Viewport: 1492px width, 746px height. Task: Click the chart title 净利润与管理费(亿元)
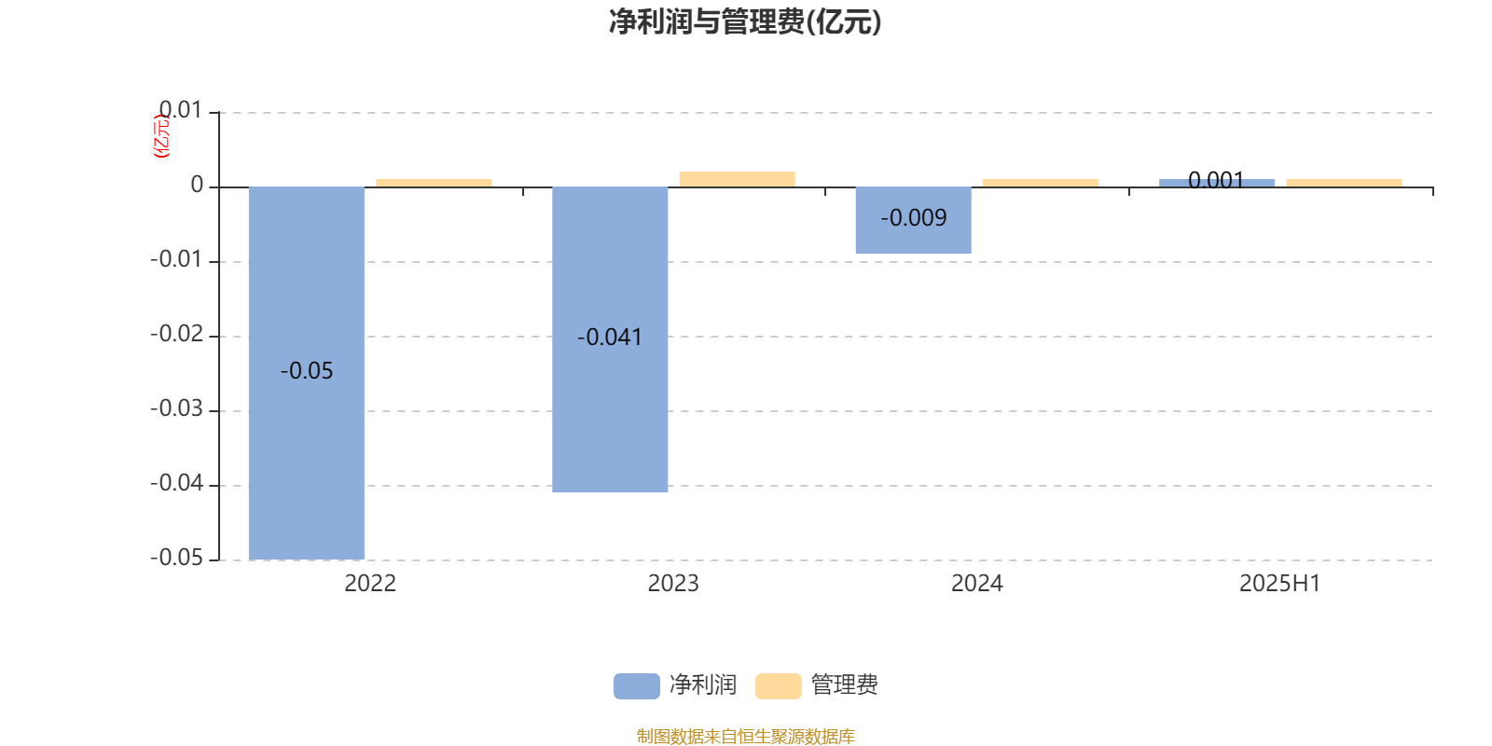(745, 22)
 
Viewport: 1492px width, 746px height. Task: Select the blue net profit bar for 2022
(307, 373)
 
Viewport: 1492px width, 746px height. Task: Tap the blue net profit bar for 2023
(610, 339)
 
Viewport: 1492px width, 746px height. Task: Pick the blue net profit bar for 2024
(913, 220)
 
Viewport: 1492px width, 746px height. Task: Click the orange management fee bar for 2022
(434, 183)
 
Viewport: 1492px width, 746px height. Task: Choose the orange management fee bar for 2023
(738, 179)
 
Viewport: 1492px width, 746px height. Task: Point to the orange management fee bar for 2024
(1041, 183)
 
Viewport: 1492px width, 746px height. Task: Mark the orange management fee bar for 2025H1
(1344, 183)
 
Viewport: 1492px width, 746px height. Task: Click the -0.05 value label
(307, 371)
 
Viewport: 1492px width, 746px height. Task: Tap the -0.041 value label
(610, 337)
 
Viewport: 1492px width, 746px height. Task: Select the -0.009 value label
(913, 218)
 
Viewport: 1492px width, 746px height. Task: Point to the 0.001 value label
(1216, 181)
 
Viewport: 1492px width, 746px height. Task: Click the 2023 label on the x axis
(673, 584)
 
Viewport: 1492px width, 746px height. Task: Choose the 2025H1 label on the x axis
(1280, 584)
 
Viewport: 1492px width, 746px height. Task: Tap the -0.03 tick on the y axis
(176, 408)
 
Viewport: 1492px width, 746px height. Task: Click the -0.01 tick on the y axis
(176, 259)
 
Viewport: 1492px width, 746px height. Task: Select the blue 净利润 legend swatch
(637, 686)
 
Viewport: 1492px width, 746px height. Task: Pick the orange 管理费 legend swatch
(778, 686)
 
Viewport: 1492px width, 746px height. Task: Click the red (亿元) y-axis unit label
(162, 136)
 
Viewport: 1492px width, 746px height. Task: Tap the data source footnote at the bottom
(745, 736)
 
